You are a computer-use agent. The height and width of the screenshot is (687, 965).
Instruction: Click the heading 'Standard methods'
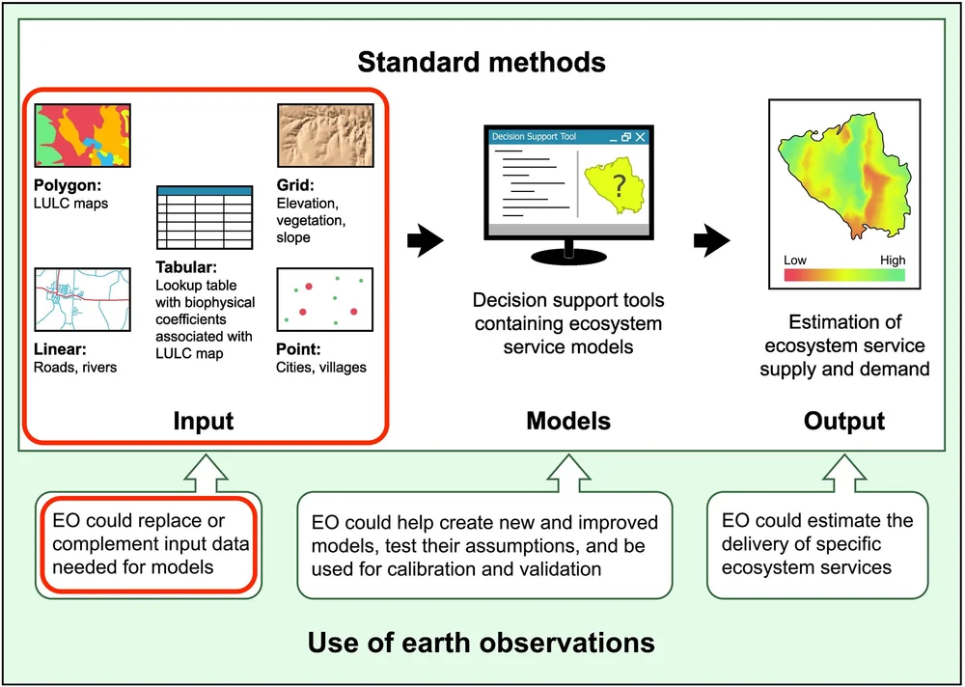click(x=482, y=64)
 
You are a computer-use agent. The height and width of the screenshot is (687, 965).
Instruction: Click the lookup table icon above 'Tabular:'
click(x=204, y=217)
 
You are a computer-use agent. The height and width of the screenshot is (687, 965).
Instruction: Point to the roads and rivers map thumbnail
click(x=83, y=298)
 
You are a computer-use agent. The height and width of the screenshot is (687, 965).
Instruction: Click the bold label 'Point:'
click(x=298, y=349)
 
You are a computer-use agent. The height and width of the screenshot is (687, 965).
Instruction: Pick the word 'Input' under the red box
click(x=204, y=421)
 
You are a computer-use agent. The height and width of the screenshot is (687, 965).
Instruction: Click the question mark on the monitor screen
click(x=619, y=186)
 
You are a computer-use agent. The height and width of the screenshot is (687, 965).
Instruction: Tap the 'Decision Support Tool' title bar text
click(x=534, y=137)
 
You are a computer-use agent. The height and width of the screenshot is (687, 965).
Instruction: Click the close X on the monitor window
click(x=639, y=138)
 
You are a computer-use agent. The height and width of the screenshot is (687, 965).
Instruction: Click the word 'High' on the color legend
click(x=893, y=261)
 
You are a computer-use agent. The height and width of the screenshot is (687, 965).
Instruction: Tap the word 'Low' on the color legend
click(x=795, y=261)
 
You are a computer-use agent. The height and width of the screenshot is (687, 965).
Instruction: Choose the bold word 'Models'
click(x=568, y=421)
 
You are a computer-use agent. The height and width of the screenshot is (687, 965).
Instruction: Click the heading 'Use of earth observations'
click(x=481, y=642)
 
